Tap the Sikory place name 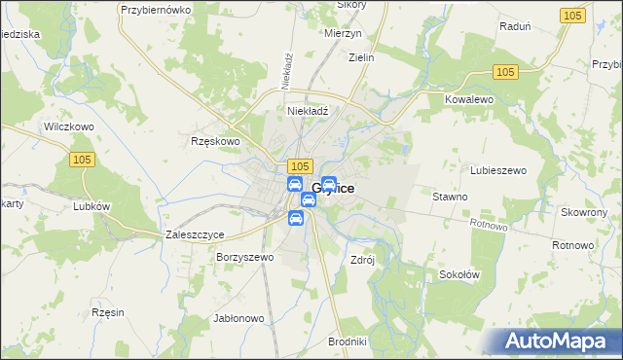[x=350, y=5]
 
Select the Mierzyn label [x=342, y=31]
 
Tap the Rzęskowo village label [x=215, y=141]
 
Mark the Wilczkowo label [x=67, y=127]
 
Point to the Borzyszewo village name [x=246, y=258]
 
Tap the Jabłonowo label [x=238, y=318]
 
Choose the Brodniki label [x=348, y=342]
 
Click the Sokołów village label [x=459, y=274]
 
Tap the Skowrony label [x=585, y=211]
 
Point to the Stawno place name [x=450, y=197]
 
